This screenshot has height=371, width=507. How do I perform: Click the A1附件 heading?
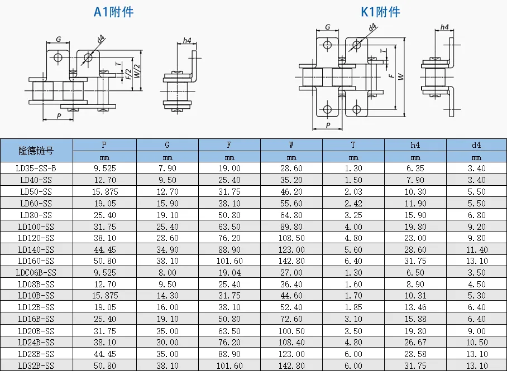113,12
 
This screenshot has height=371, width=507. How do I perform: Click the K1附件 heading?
380,12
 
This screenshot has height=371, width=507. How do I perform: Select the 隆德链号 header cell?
36,151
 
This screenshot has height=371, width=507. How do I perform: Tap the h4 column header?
415,145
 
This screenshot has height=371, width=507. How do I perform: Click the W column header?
291,145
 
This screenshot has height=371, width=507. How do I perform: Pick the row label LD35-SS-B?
36,168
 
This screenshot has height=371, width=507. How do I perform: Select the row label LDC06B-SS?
36,273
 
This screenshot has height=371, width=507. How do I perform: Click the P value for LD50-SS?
105,192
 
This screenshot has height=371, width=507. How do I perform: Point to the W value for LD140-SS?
291,249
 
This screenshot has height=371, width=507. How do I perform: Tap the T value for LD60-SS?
353,203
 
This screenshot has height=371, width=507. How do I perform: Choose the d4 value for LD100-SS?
477,227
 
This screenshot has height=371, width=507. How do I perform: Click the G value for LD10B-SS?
168,295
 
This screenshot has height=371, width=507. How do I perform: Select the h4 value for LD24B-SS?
415,342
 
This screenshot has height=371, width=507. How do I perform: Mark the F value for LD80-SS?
229,215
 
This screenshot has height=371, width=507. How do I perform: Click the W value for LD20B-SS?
291,331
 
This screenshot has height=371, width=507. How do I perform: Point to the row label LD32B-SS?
36,365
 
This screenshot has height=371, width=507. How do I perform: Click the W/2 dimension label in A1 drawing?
137,71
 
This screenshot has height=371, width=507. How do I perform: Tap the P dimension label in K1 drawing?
328,125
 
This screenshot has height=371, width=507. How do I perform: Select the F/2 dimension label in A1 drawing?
128,74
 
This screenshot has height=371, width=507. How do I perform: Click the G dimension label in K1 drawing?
328,27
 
